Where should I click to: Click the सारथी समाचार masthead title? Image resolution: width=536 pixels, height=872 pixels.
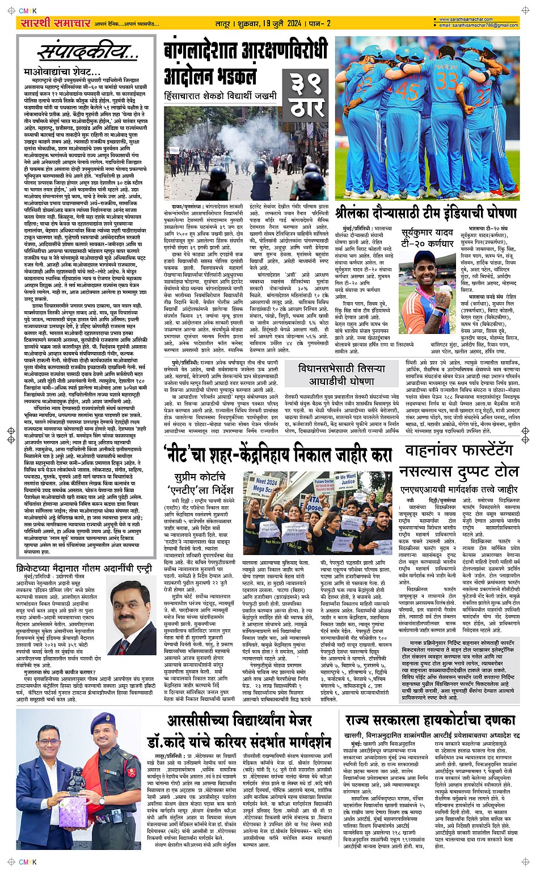click(48, 23)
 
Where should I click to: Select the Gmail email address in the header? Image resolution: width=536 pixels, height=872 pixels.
click(478, 26)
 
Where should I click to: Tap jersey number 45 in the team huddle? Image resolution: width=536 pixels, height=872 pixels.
click(407, 91)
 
